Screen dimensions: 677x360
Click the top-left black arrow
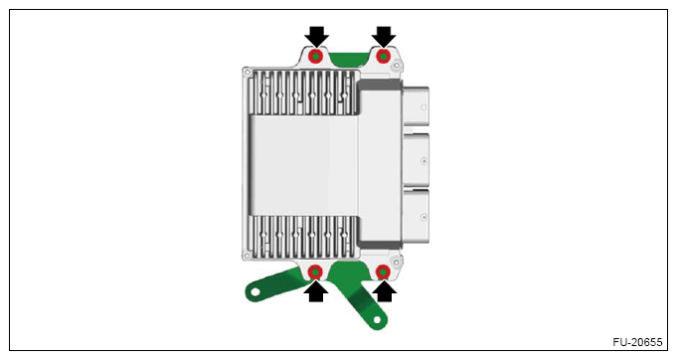[x=316, y=37]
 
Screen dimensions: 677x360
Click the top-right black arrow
[x=384, y=37]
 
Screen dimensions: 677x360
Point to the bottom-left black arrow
[x=316, y=291]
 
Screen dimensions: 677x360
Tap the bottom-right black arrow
[x=384, y=291]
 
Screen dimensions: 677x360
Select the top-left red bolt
[x=316, y=56]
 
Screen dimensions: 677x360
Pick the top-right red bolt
[x=384, y=56]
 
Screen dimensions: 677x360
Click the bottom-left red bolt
[x=315, y=271]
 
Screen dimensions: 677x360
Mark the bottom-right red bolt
[x=383, y=271]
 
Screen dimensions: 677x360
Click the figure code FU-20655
[x=637, y=342]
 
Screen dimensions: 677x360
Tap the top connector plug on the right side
[x=416, y=106]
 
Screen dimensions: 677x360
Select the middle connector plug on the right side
[x=416, y=160]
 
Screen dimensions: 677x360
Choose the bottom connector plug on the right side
[x=416, y=216]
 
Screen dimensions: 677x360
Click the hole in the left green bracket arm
[x=255, y=292]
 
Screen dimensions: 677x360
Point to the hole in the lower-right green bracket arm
[x=378, y=320]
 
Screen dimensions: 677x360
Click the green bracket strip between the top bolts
[x=349, y=56]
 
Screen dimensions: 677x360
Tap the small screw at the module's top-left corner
[x=247, y=73]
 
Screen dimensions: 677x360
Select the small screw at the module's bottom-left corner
[x=247, y=256]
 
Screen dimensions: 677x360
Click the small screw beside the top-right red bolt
[x=397, y=67]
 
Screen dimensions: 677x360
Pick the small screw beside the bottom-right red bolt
[x=396, y=262]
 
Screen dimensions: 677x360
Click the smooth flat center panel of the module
[x=304, y=165]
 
